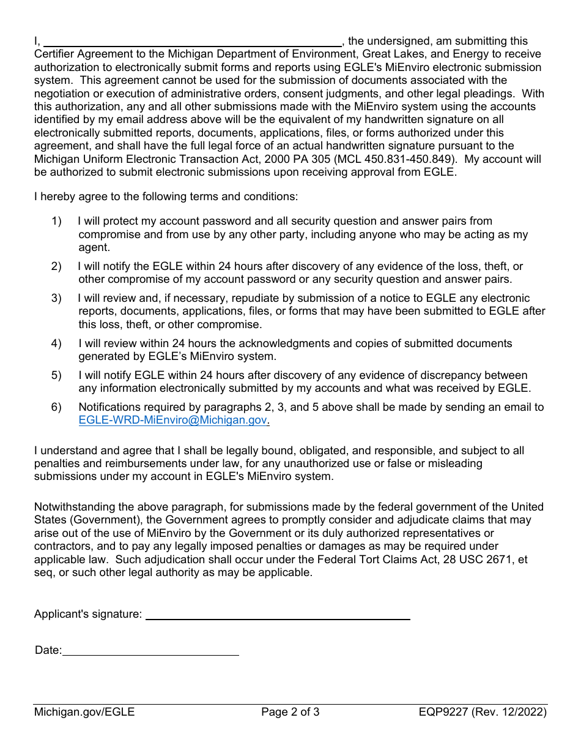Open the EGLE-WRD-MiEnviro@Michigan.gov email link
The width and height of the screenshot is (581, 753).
coord(173,421)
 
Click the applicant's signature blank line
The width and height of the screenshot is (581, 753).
coord(277,614)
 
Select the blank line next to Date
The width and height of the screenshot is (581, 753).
coord(150,650)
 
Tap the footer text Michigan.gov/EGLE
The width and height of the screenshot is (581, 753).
coord(84,712)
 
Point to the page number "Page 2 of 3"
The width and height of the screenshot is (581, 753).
coord(290,712)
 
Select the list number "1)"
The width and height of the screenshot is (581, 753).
coord(56,221)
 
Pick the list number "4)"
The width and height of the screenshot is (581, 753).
coord(56,343)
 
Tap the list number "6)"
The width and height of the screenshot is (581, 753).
coord(56,407)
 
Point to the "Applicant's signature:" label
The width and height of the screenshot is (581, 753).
coord(88,614)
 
